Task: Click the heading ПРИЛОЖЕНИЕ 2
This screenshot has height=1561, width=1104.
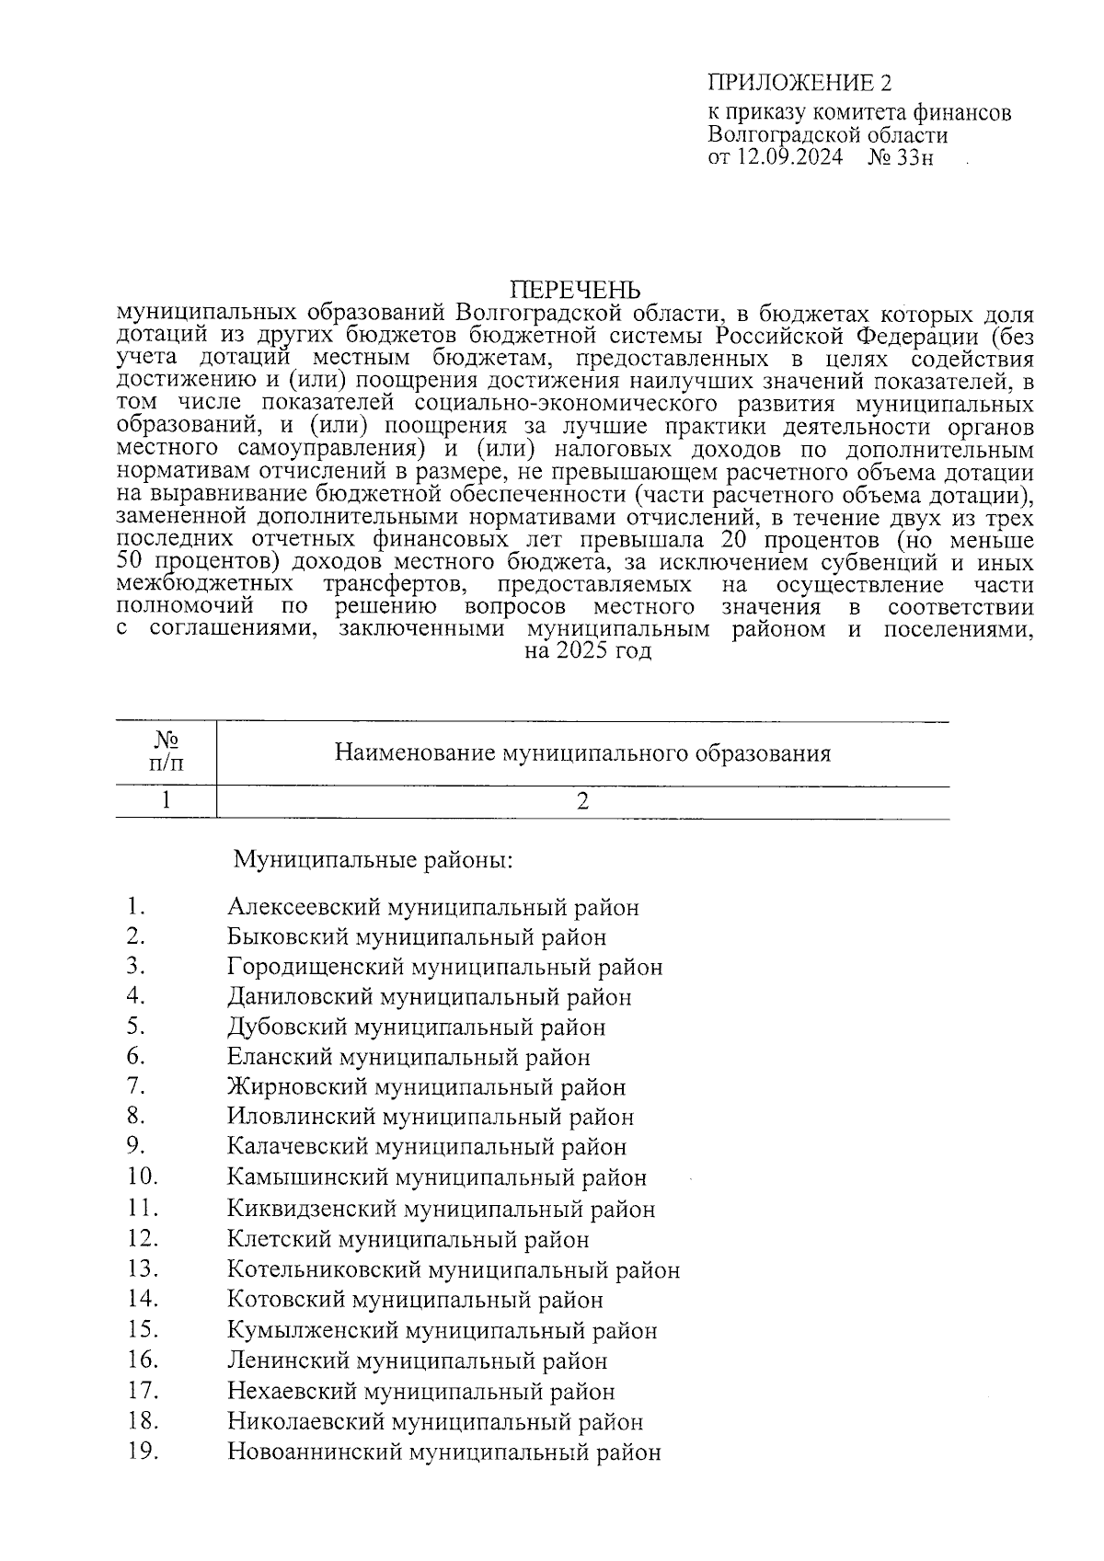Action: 799,84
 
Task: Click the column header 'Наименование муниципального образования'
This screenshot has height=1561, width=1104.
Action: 582,753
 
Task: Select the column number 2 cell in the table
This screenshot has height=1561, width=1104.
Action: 582,801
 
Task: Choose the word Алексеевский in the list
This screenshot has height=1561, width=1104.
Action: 304,907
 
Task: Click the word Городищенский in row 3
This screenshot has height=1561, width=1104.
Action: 315,967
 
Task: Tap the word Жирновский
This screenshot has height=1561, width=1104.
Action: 297,1086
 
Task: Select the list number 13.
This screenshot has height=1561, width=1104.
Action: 144,1268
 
